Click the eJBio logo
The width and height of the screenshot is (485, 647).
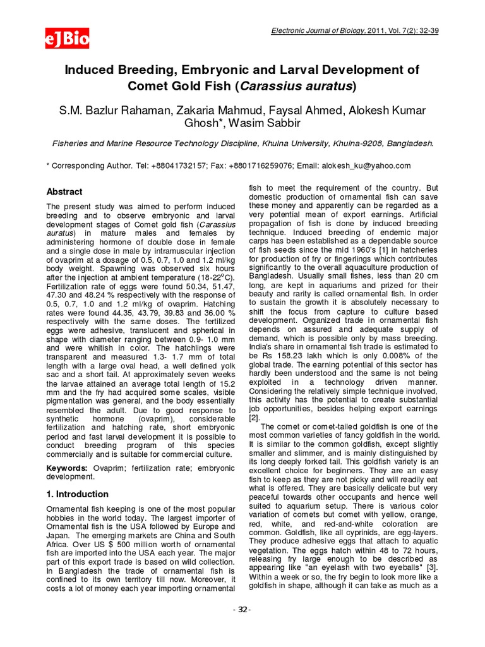(66, 39)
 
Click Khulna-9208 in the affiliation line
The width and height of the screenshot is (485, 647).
(352, 143)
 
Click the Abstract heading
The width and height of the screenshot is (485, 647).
(65, 191)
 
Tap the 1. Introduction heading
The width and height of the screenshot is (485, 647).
(78, 494)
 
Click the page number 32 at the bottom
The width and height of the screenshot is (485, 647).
(242, 609)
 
